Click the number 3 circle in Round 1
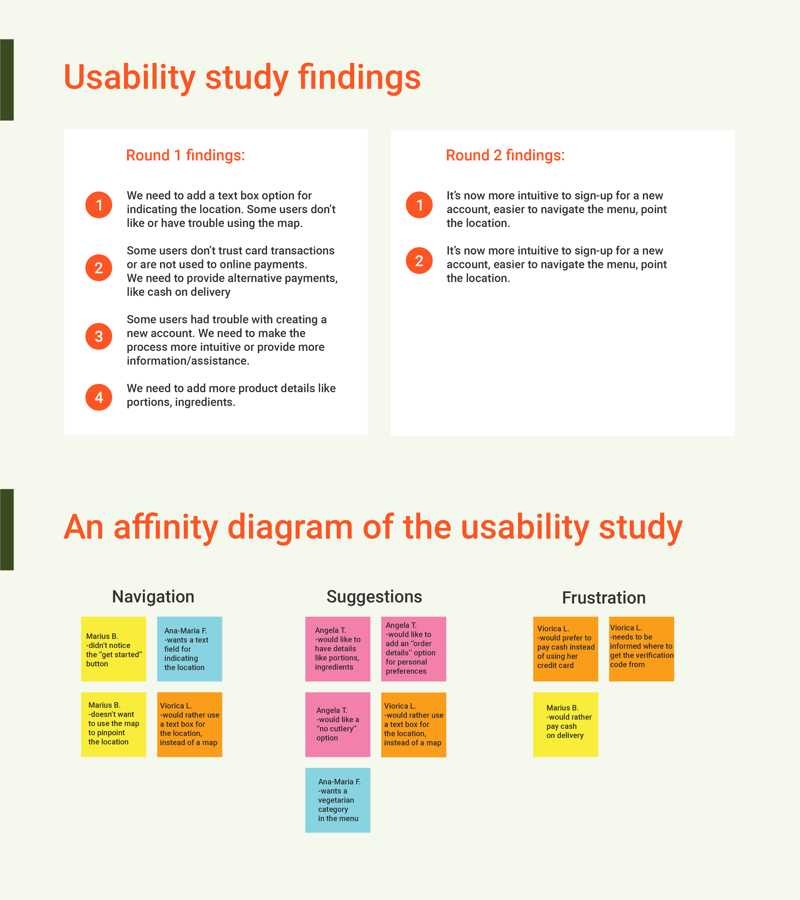tap(99, 336)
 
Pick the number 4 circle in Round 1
tap(99, 397)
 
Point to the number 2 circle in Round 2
tap(419, 261)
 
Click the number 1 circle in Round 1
tap(99, 205)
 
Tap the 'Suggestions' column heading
tap(374, 597)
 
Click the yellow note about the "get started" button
tap(114, 649)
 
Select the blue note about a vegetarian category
tap(338, 800)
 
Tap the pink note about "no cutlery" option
tap(338, 724)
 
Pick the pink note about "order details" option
tap(413, 649)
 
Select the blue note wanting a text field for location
tap(189, 649)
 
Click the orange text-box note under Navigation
tap(189, 724)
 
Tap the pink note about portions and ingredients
tap(338, 649)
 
